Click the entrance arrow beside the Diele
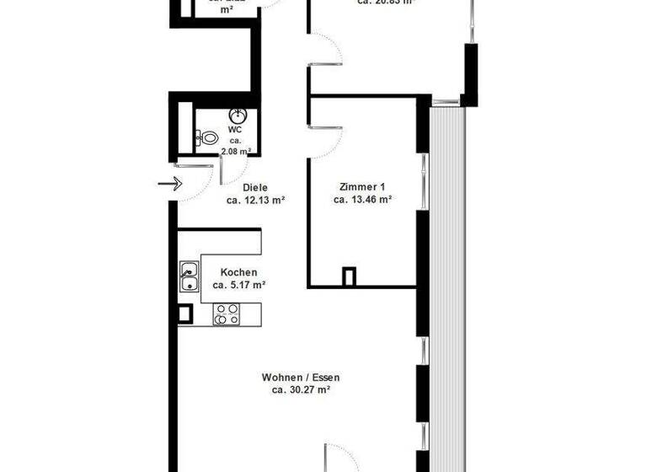click(168, 183)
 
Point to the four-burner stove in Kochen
click(226, 314)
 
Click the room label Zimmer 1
click(362, 186)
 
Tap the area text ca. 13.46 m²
click(362, 200)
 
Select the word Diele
click(255, 187)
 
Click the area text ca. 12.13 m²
click(255, 201)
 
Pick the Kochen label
click(238, 272)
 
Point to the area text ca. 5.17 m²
click(238, 286)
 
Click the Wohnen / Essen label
click(300, 378)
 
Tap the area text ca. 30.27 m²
click(300, 391)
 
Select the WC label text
click(235, 130)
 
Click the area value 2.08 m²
click(235, 152)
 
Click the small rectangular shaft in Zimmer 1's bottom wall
click(349, 276)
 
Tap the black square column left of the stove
click(184, 314)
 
